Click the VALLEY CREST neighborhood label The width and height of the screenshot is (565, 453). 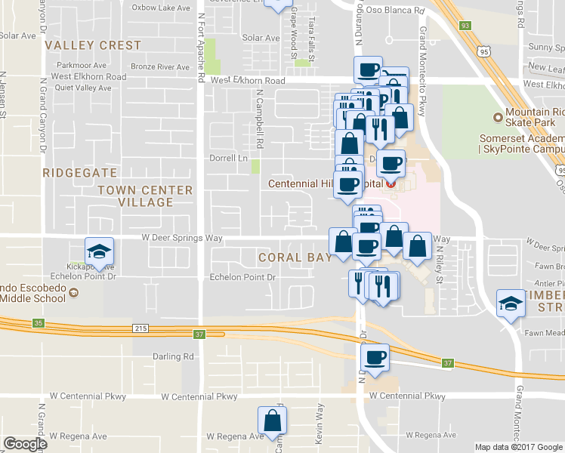tap(93, 45)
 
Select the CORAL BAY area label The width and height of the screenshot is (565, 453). tap(295, 257)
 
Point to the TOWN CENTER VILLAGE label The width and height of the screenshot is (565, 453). tap(145, 196)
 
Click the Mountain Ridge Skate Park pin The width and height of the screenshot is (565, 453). tap(498, 117)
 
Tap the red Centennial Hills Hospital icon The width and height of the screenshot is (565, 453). tap(391, 184)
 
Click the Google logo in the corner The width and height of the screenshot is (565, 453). tap(25, 444)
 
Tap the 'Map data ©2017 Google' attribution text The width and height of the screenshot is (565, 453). tap(518, 447)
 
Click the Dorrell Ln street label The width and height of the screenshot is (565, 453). tap(228, 158)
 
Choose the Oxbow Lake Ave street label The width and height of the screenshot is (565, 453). tap(162, 8)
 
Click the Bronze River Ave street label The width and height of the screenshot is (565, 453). tap(159, 66)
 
